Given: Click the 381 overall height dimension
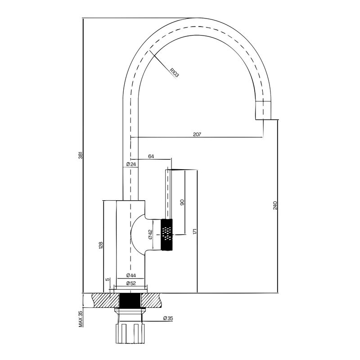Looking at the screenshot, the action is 81,155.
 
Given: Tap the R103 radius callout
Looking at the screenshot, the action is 174,72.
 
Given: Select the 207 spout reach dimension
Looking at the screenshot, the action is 197,134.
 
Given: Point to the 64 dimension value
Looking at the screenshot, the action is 151,156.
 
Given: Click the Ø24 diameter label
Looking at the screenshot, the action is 131,164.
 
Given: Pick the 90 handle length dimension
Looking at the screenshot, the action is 182,202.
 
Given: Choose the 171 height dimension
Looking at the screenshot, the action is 195,231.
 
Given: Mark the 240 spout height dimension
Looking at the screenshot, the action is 275,205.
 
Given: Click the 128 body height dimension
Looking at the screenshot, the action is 100,245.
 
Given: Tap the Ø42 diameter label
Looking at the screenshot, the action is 150,234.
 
